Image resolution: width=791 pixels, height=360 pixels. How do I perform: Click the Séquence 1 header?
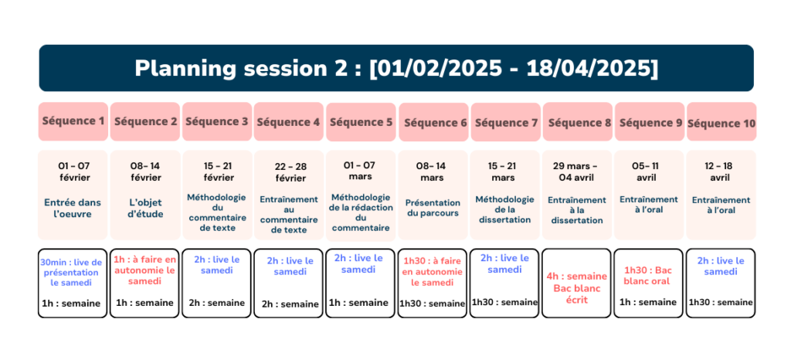pos(73,121)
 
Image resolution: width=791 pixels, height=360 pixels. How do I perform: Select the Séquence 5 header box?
pos(361,122)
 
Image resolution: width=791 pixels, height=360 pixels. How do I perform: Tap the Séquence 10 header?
pos(721,123)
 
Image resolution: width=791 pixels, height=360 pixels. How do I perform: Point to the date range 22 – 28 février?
pos(290,172)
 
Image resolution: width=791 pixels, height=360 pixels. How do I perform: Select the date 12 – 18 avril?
pos(721,172)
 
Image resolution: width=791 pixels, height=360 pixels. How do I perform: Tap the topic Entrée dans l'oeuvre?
pos(73,209)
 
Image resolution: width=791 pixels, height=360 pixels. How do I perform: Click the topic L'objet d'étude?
pos(146,209)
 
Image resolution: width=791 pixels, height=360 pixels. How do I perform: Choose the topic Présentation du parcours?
pos(433,208)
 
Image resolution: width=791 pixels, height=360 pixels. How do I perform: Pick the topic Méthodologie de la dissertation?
pos(504,209)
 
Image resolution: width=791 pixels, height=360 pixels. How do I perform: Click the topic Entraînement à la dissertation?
pos(576,210)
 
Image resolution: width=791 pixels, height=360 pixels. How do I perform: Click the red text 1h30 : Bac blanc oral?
pos(647,275)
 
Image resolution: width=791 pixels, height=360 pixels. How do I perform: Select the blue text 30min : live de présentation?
pos(71,268)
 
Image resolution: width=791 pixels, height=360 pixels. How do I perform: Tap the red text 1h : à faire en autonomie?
pos(144,265)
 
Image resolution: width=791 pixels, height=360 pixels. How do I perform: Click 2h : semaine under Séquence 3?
pos(217,303)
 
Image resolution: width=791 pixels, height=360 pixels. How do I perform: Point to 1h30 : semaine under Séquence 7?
pos(504,301)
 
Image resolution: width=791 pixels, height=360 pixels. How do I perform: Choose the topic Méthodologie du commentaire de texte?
pos(217,212)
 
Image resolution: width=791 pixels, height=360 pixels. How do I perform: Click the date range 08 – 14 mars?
pos(431,172)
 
